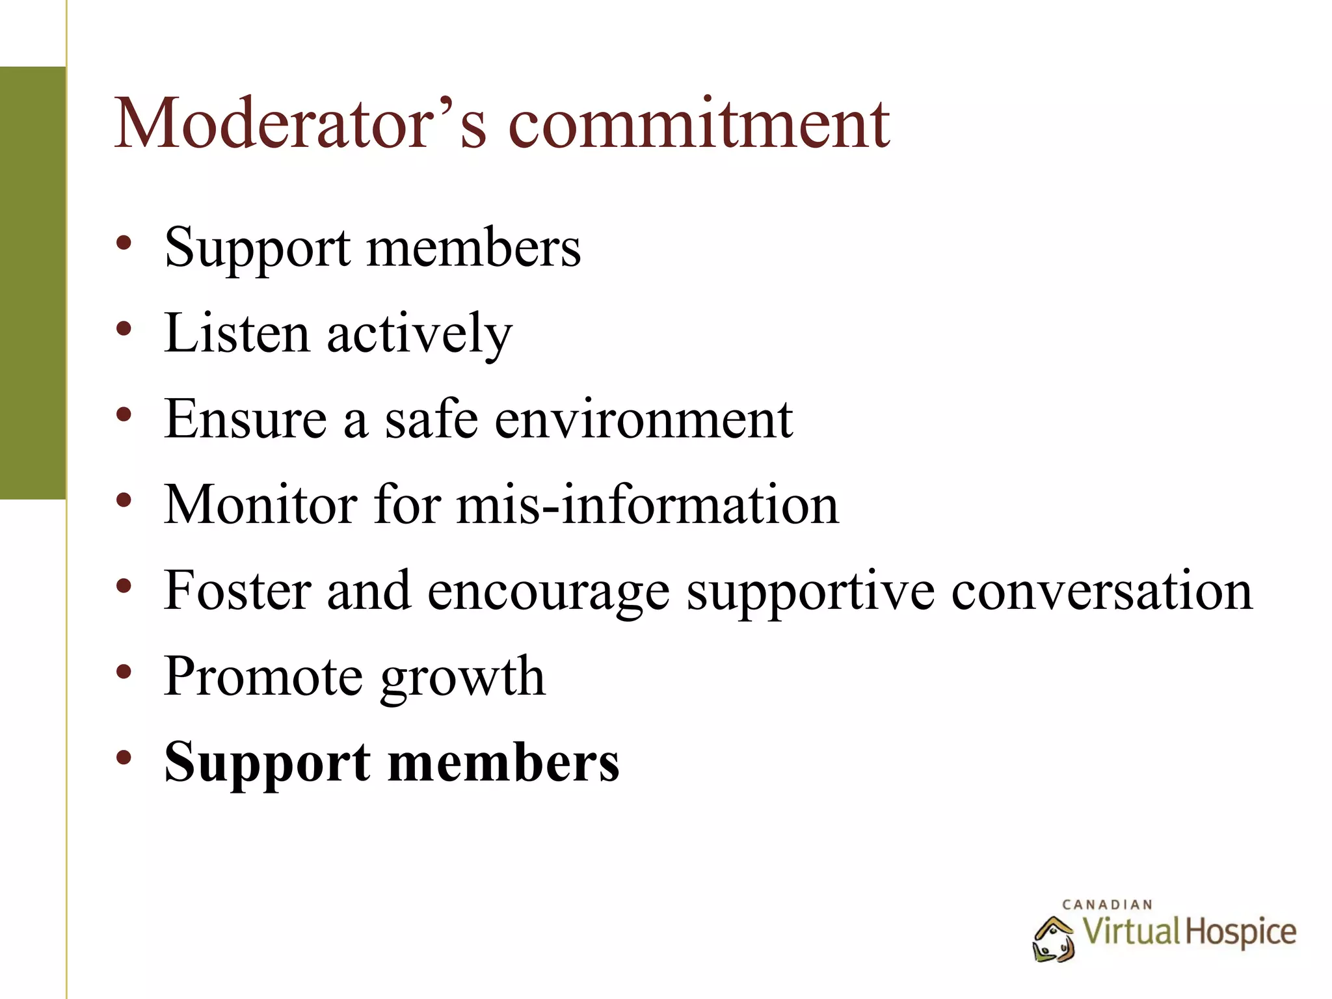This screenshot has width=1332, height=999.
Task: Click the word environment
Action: click(x=643, y=419)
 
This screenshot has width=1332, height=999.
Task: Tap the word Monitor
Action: click(x=260, y=505)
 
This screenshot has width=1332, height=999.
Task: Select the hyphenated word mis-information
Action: click(x=648, y=505)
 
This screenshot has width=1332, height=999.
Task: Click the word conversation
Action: click(x=1102, y=591)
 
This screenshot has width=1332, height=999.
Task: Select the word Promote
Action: click(x=263, y=676)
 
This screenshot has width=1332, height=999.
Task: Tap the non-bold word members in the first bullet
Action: click(x=473, y=247)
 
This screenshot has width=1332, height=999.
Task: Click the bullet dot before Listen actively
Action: click(x=124, y=329)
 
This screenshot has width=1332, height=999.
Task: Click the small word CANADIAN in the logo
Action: click(x=1107, y=905)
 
